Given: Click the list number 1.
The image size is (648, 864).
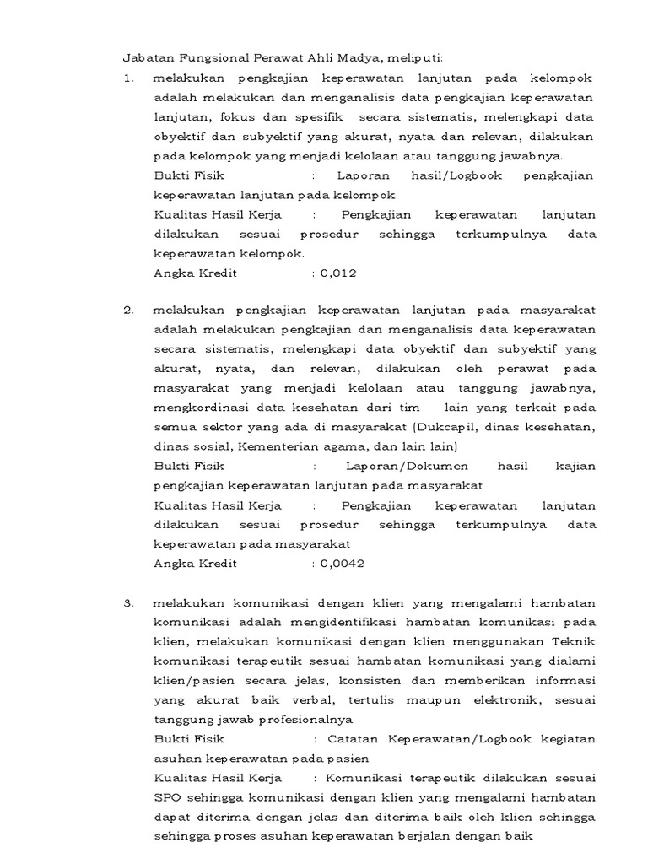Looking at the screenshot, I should (x=128, y=78).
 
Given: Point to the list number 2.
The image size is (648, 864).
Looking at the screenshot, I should (x=128, y=310).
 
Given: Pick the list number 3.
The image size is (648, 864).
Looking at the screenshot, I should (x=128, y=603).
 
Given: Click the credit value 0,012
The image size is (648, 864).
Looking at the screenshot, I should (x=339, y=273).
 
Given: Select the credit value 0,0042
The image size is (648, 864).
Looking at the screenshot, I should (x=343, y=564).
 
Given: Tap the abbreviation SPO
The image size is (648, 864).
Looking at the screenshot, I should (x=165, y=797).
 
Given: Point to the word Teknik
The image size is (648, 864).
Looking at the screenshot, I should (x=575, y=641).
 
